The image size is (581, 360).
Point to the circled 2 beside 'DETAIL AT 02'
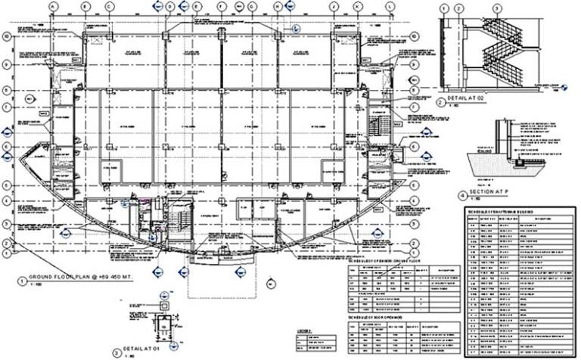[441, 101]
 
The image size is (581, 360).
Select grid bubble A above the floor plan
[52, 6]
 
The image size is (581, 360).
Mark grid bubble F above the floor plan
[221, 6]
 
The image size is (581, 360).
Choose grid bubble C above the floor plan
[110, 6]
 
